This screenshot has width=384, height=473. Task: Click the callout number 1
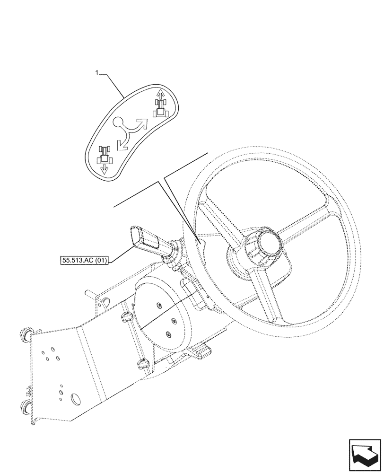pos(97,73)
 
